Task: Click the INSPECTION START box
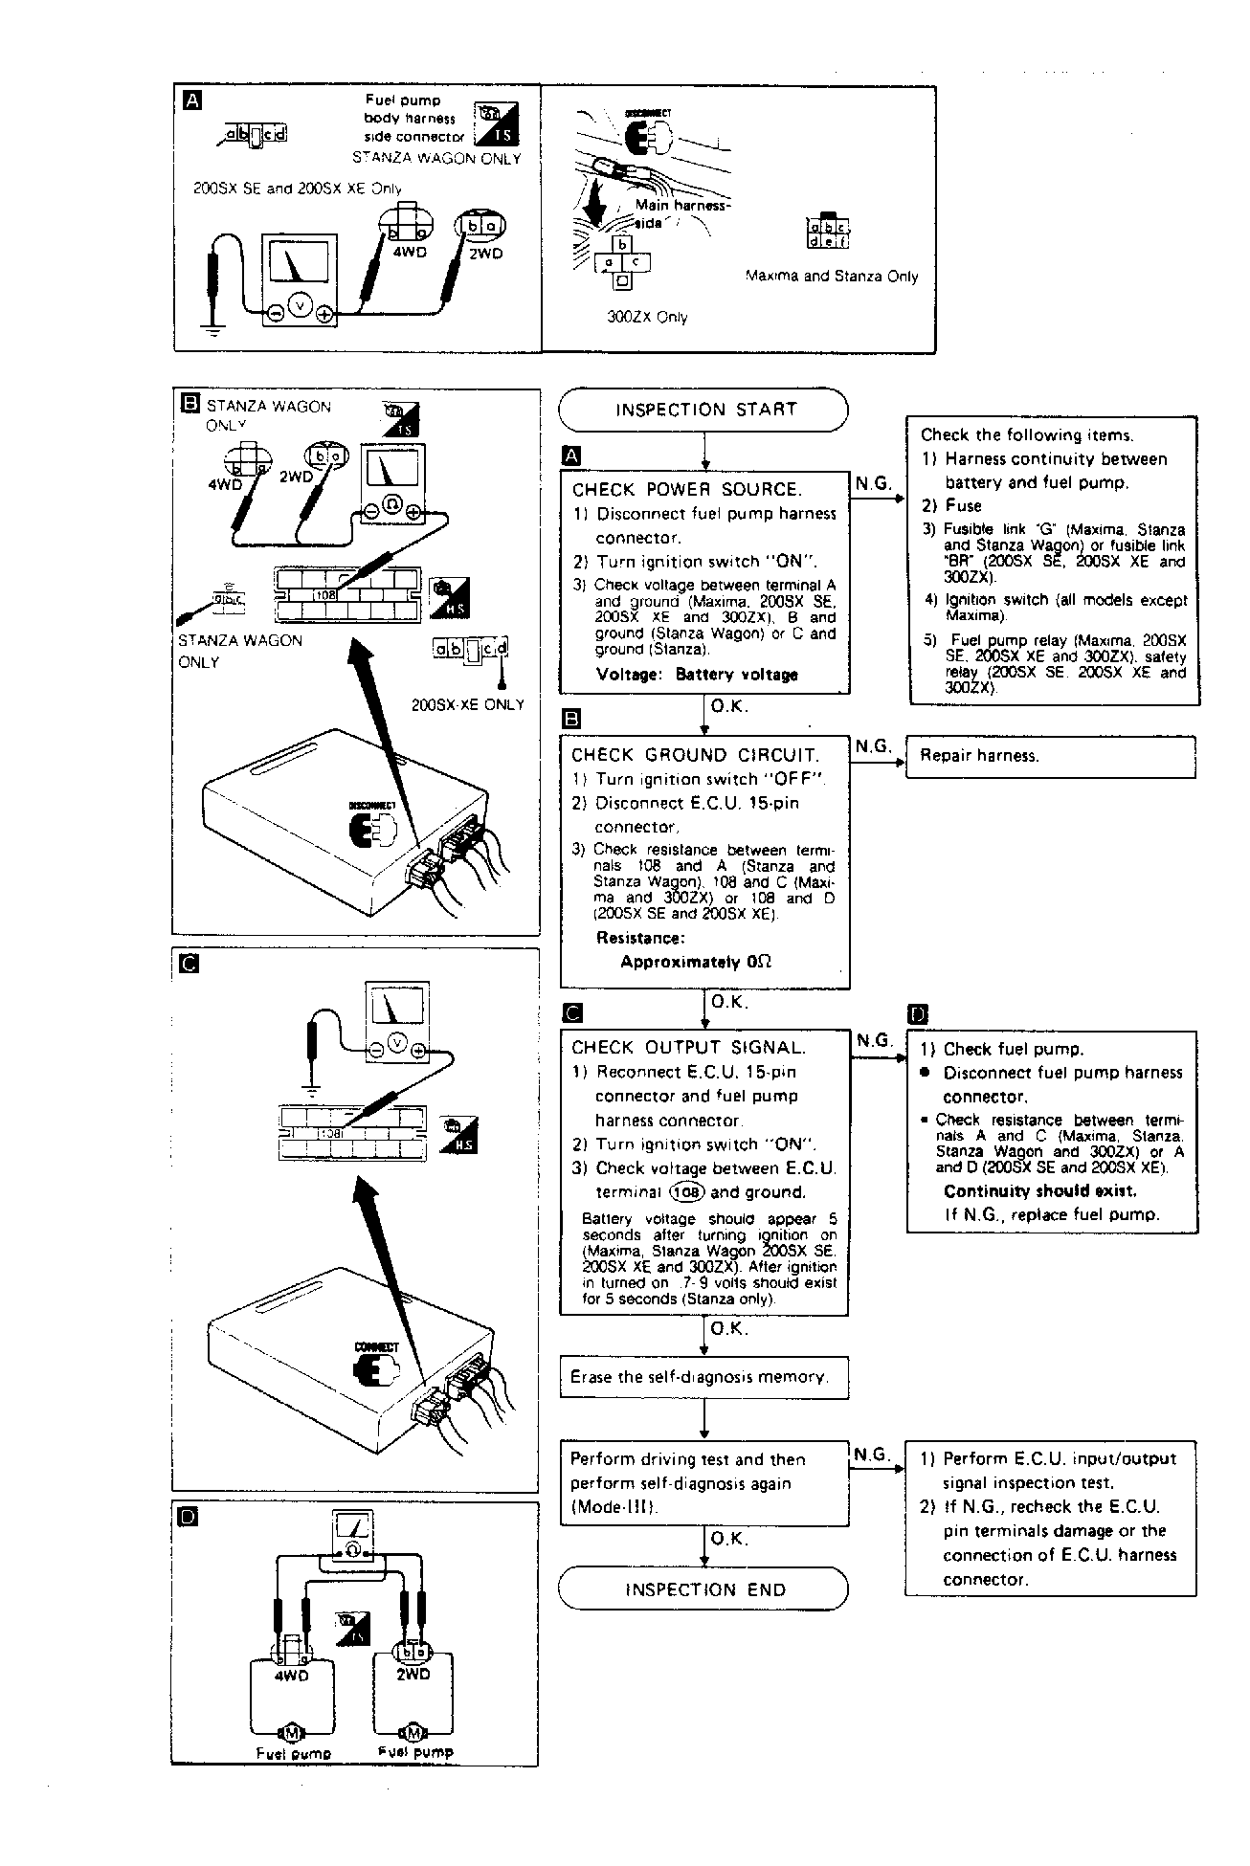point(703,410)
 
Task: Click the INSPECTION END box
point(703,1589)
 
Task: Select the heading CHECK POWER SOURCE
point(686,489)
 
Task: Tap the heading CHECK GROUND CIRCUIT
point(695,755)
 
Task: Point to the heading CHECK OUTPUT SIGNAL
point(688,1048)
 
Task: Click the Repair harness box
point(1050,756)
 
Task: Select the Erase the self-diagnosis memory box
point(703,1377)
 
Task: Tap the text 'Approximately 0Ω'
point(696,962)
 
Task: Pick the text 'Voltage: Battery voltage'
point(696,675)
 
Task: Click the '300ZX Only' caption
point(647,317)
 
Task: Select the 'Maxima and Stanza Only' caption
point(831,277)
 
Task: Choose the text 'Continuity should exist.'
point(1040,1190)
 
